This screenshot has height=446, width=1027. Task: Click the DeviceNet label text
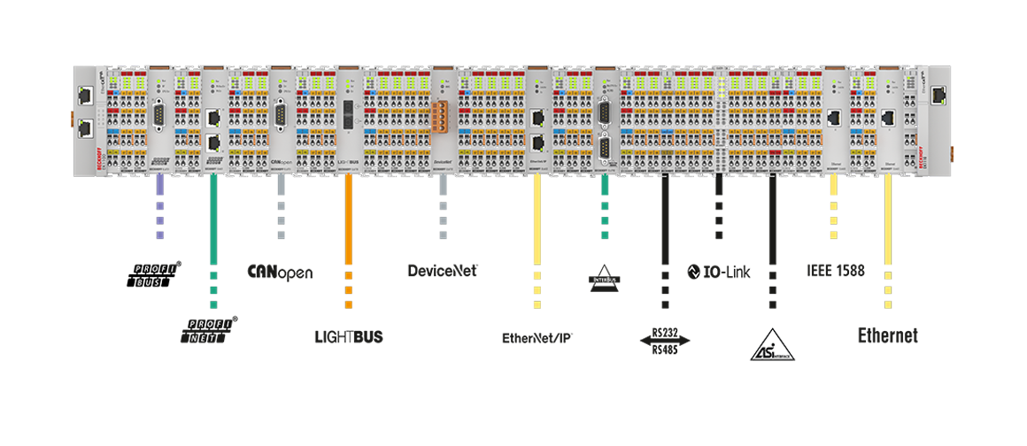[x=440, y=270]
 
